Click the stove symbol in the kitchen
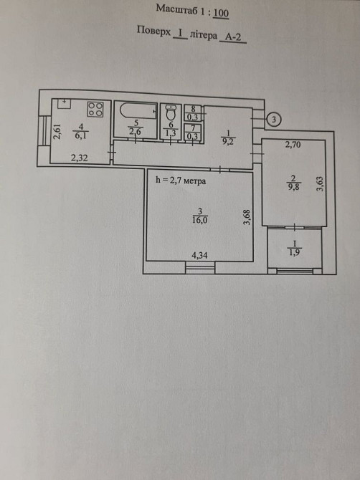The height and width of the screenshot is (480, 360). coord(95,109)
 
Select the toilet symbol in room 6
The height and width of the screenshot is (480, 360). coord(171,112)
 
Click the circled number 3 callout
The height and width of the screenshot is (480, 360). coord(274,120)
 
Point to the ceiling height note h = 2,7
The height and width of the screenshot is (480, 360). coord(181,181)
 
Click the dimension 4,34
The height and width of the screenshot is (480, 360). coord(199,255)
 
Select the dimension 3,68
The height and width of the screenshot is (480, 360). coord(247,217)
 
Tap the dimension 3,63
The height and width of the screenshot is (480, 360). coord(320,183)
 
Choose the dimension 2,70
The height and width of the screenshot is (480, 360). coord(293,145)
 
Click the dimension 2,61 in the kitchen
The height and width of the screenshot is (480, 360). coord(57,131)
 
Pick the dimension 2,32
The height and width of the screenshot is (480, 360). coord(80,158)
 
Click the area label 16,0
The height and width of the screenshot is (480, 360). coord(200,220)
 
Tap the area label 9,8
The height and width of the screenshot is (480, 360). coord(293,186)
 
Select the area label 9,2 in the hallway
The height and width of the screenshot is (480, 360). coord(228,141)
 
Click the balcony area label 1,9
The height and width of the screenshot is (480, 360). coord(294,253)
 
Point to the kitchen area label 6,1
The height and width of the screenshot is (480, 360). coord(80,135)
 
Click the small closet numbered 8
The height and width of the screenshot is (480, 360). coord(193,113)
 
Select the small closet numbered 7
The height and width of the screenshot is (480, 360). coord(193,133)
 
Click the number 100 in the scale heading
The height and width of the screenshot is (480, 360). coord(221,13)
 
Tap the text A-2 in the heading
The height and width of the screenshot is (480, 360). coord(233,37)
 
